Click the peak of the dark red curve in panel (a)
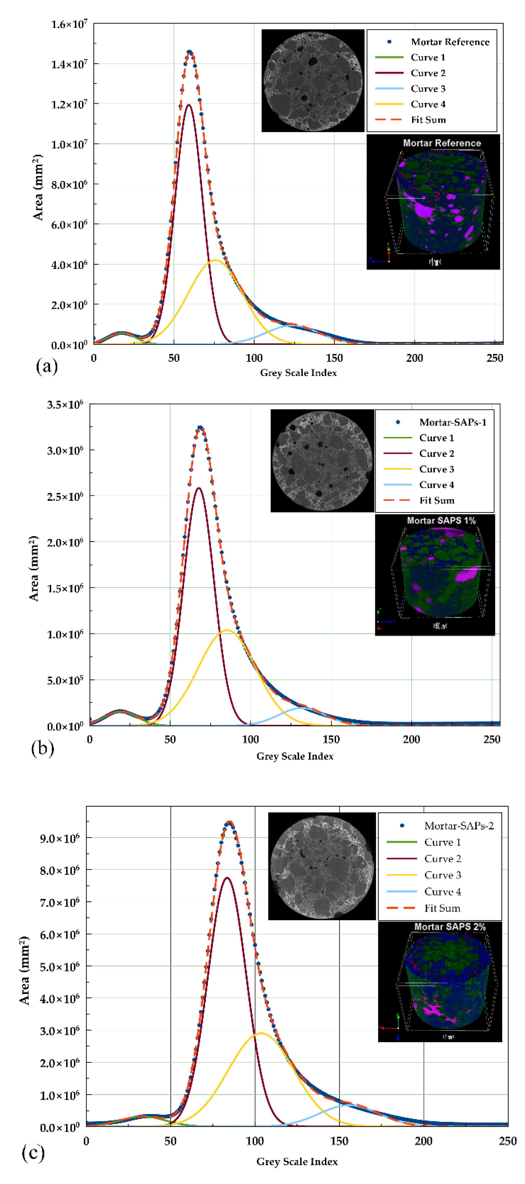point(189,105)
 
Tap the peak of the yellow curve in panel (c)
point(261,1033)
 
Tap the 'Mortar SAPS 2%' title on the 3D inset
point(450,927)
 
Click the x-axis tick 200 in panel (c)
point(423,1141)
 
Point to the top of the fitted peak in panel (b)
point(200,428)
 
